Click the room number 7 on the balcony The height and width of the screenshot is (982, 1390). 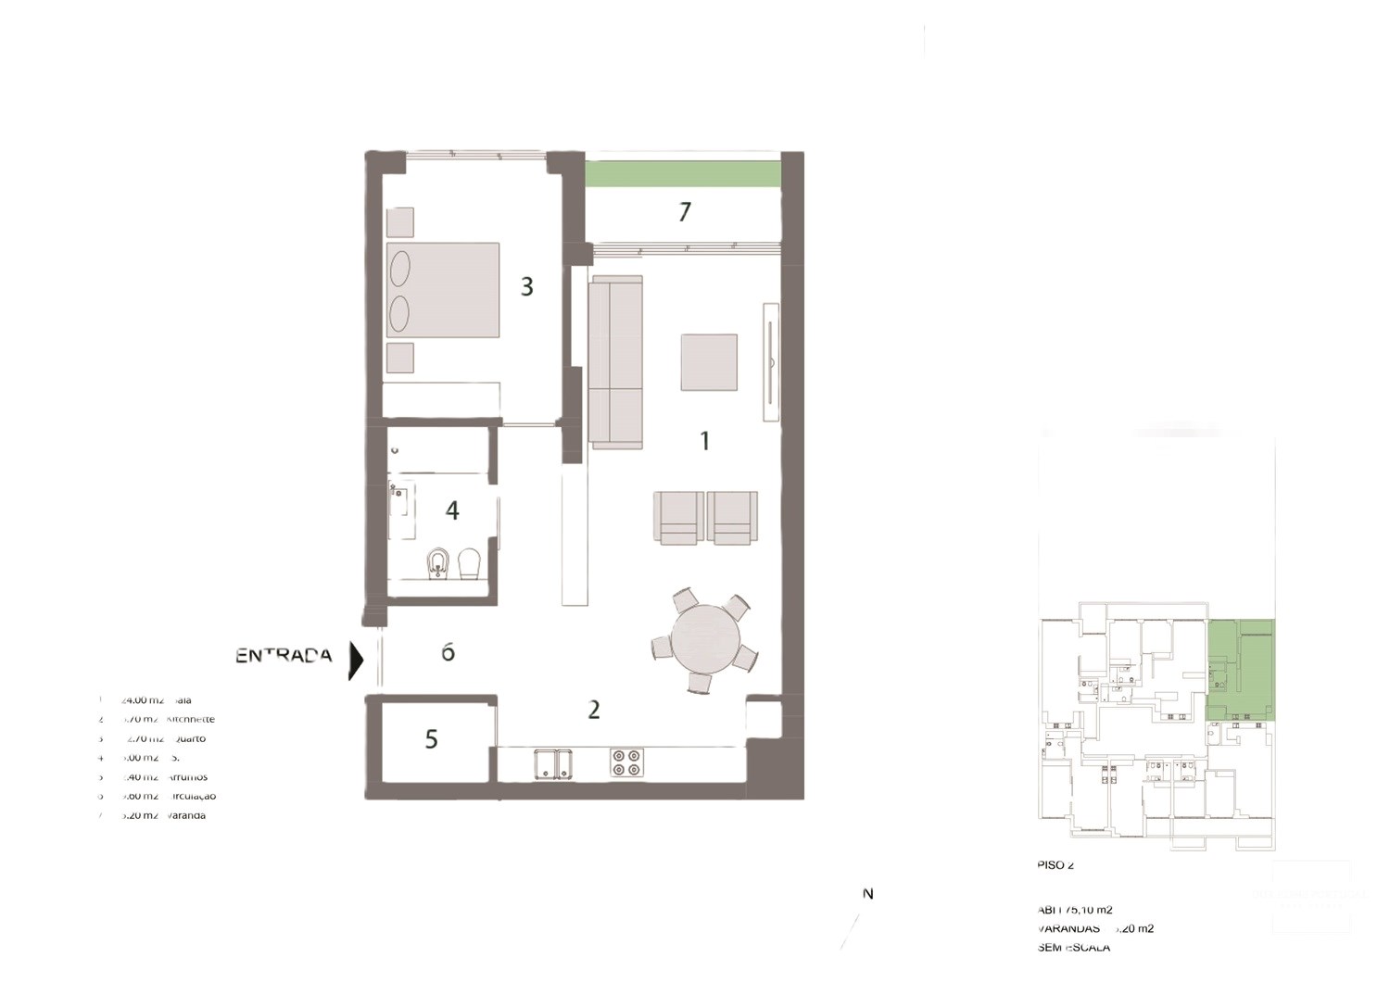[685, 212]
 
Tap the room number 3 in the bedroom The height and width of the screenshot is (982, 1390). [526, 286]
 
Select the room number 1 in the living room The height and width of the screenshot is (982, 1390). [704, 440]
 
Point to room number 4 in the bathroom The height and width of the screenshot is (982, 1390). [452, 510]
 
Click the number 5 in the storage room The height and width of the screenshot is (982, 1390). [431, 739]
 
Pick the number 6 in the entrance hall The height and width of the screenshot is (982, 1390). [448, 653]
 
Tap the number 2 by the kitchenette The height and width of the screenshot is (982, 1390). [594, 710]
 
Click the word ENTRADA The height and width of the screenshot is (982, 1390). [284, 656]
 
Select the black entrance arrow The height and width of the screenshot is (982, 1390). [356, 661]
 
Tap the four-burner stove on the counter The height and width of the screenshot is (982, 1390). [626, 762]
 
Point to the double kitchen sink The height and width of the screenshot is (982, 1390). [552, 763]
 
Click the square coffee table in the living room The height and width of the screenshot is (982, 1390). [709, 362]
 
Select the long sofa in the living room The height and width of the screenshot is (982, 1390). [615, 361]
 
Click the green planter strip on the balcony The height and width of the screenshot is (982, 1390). [683, 174]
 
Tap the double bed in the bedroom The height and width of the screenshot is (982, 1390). [443, 290]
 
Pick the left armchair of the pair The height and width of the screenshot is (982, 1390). [678, 517]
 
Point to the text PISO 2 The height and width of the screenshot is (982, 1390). [1055, 865]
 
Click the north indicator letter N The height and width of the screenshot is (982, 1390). [868, 894]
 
